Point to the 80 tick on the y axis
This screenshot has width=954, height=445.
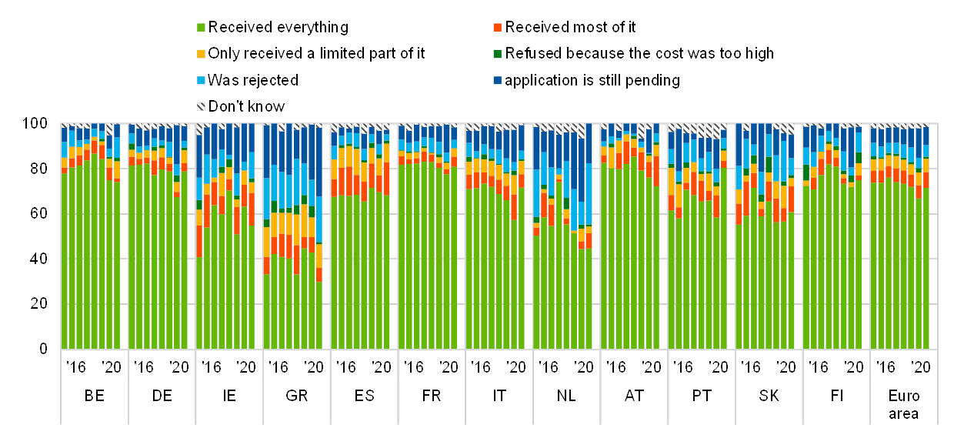pyautogui.click(x=38, y=168)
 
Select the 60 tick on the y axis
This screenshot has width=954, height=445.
pyautogui.click(x=38, y=213)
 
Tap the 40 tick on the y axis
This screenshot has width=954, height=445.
pyautogui.click(x=38, y=259)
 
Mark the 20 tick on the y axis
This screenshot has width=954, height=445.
pyautogui.click(x=38, y=304)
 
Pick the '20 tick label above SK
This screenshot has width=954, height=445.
pyautogui.click(x=786, y=366)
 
